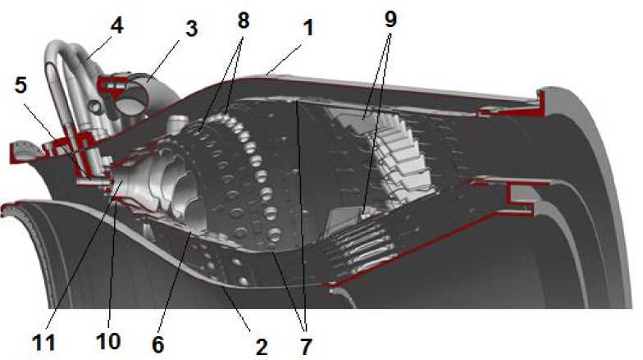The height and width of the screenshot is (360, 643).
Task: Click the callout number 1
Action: click(308, 28)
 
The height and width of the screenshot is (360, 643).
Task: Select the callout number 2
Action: click(262, 347)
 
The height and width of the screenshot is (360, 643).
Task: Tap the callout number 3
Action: click(191, 29)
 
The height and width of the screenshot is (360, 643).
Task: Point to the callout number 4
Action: click(116, 26)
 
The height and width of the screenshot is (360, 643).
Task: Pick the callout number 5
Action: click(21, 85)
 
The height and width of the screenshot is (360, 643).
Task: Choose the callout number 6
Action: click(157, 344)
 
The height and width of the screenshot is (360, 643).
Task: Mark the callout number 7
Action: click(305, 347)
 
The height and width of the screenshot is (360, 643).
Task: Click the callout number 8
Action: click(243, 20)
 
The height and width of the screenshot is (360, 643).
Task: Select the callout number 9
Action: click(390, 18)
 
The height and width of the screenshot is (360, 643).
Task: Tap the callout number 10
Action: click(108, 341)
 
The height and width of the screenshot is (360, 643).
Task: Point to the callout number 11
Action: click(44, 343)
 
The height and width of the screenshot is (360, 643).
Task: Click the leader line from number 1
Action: click(283, 61)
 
